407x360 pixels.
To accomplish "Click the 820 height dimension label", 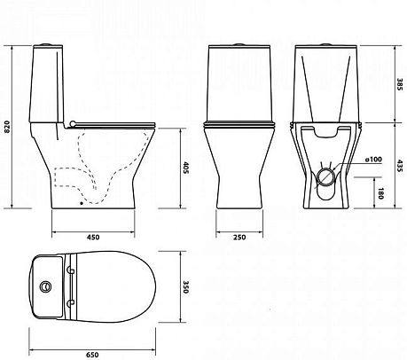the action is [x=8, y=127].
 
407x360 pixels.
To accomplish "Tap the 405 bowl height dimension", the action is [x=185, y=168].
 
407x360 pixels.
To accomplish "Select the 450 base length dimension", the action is [x=93, y=237].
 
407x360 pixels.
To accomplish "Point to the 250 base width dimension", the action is [x=239, y=237].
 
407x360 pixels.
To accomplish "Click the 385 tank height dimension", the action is [x=400, y=84].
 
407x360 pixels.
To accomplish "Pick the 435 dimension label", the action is [x=400, y=167].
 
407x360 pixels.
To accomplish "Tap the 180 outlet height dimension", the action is [x=381, y=193].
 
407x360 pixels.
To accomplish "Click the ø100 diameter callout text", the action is [x=373, y=160].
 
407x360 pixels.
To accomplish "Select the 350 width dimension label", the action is [x=185, y=287].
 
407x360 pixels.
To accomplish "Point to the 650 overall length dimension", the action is [x=92, y=355].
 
